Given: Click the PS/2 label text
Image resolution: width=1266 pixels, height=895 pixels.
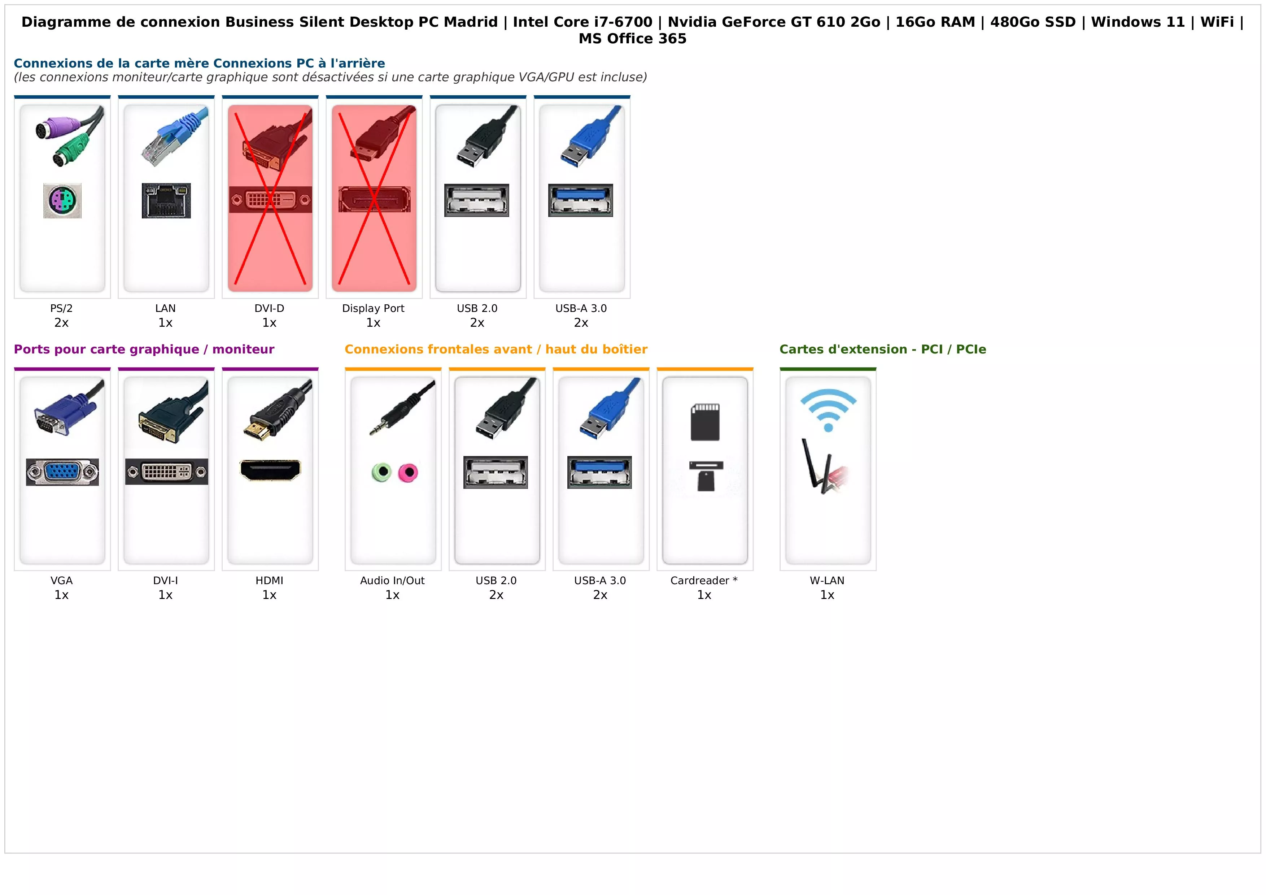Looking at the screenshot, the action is click(x=61, y=308).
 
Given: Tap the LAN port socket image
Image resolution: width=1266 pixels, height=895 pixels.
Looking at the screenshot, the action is click(x=166, y=201).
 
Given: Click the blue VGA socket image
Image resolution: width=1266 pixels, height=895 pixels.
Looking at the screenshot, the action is click(x=62, y=472).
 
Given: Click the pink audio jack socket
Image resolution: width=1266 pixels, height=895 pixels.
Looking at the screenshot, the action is click(x=409, y=473).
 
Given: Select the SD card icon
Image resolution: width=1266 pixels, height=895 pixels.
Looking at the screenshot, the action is click(x=705, y=422).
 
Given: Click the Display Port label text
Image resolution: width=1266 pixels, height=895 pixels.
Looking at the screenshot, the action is click(x=373, y=308).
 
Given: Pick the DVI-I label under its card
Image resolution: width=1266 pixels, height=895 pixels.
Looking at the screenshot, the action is click(x=165, y=580).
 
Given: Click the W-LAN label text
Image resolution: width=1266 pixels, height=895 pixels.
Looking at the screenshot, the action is click(x=827, y=580).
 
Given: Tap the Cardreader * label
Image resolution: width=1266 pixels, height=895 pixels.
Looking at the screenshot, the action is click(x=704, y=580).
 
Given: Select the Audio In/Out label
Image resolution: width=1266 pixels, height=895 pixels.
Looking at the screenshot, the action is click(x=393, y=580).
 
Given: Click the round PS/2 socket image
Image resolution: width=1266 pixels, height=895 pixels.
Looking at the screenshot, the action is click(x=62, y=201).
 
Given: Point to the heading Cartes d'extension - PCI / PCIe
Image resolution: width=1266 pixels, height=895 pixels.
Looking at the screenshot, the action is click(x=883, y=349).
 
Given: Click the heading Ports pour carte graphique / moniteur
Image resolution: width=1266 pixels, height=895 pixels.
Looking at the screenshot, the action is click(x=144, y=349).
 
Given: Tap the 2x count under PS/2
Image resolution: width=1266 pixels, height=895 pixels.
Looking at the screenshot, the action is click(x=61, y=323).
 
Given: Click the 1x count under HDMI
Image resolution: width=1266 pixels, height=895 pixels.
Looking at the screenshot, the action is click(x=270, y=595).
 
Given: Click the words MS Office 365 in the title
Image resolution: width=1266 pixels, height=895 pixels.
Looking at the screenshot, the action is click(x=632, y=39).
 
